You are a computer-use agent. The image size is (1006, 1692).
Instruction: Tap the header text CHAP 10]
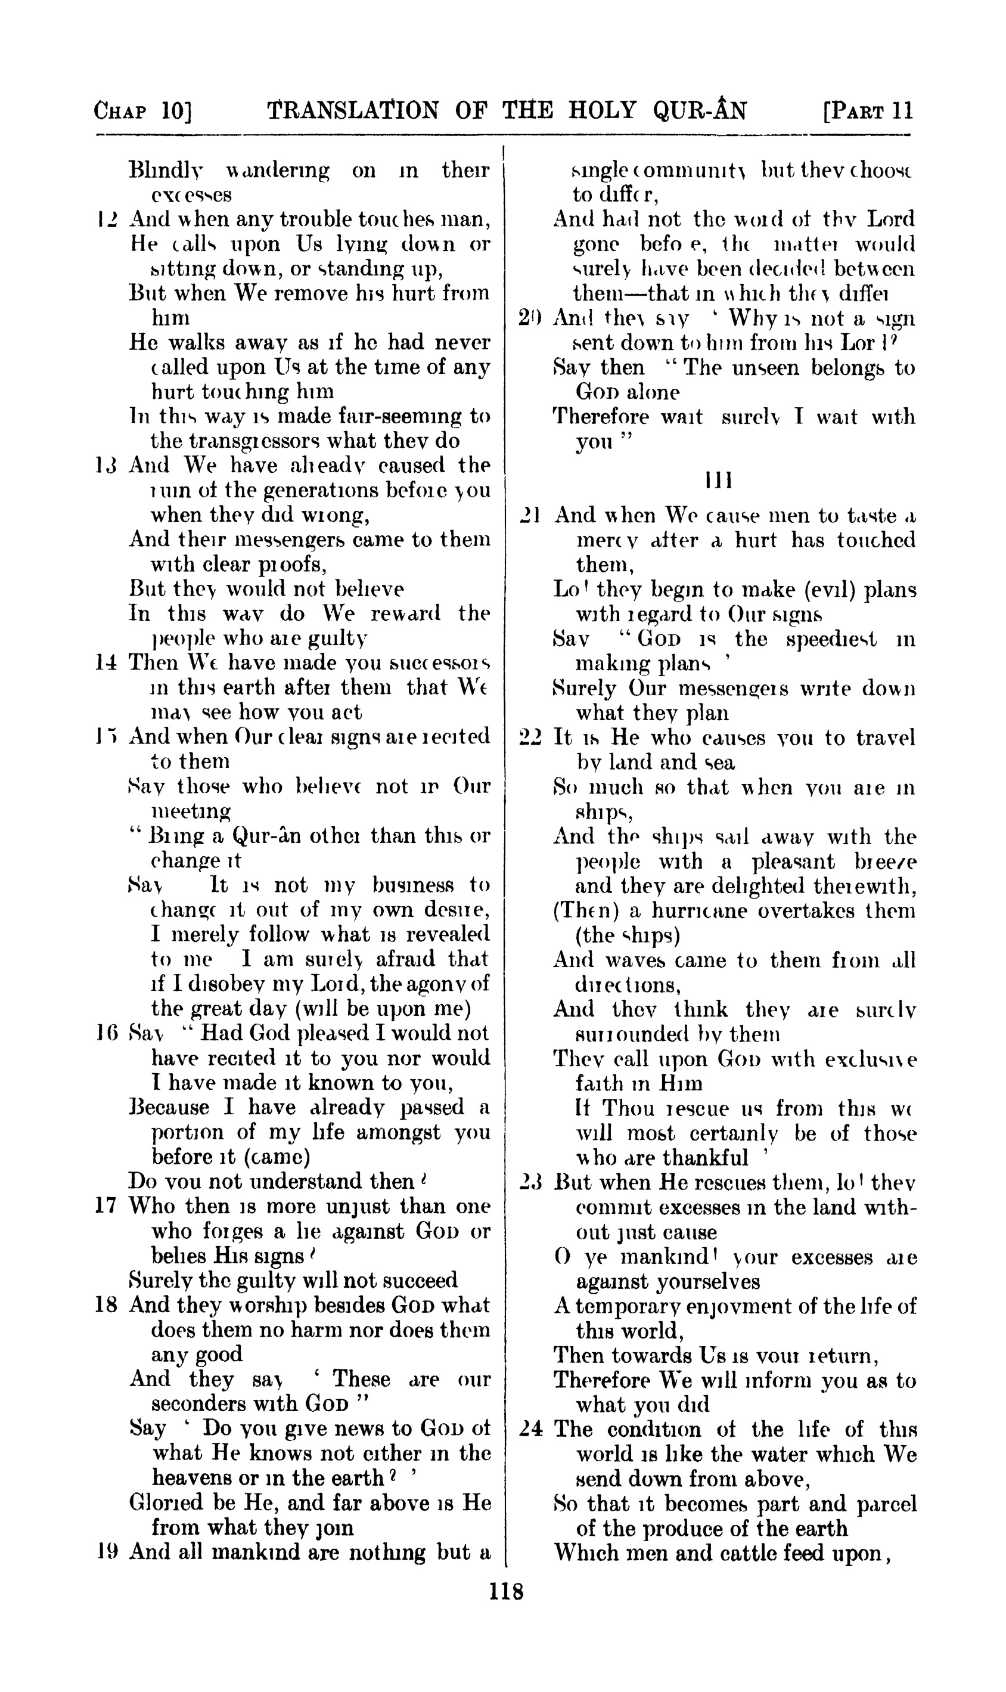pyautogui.click(x=143, y=110)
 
